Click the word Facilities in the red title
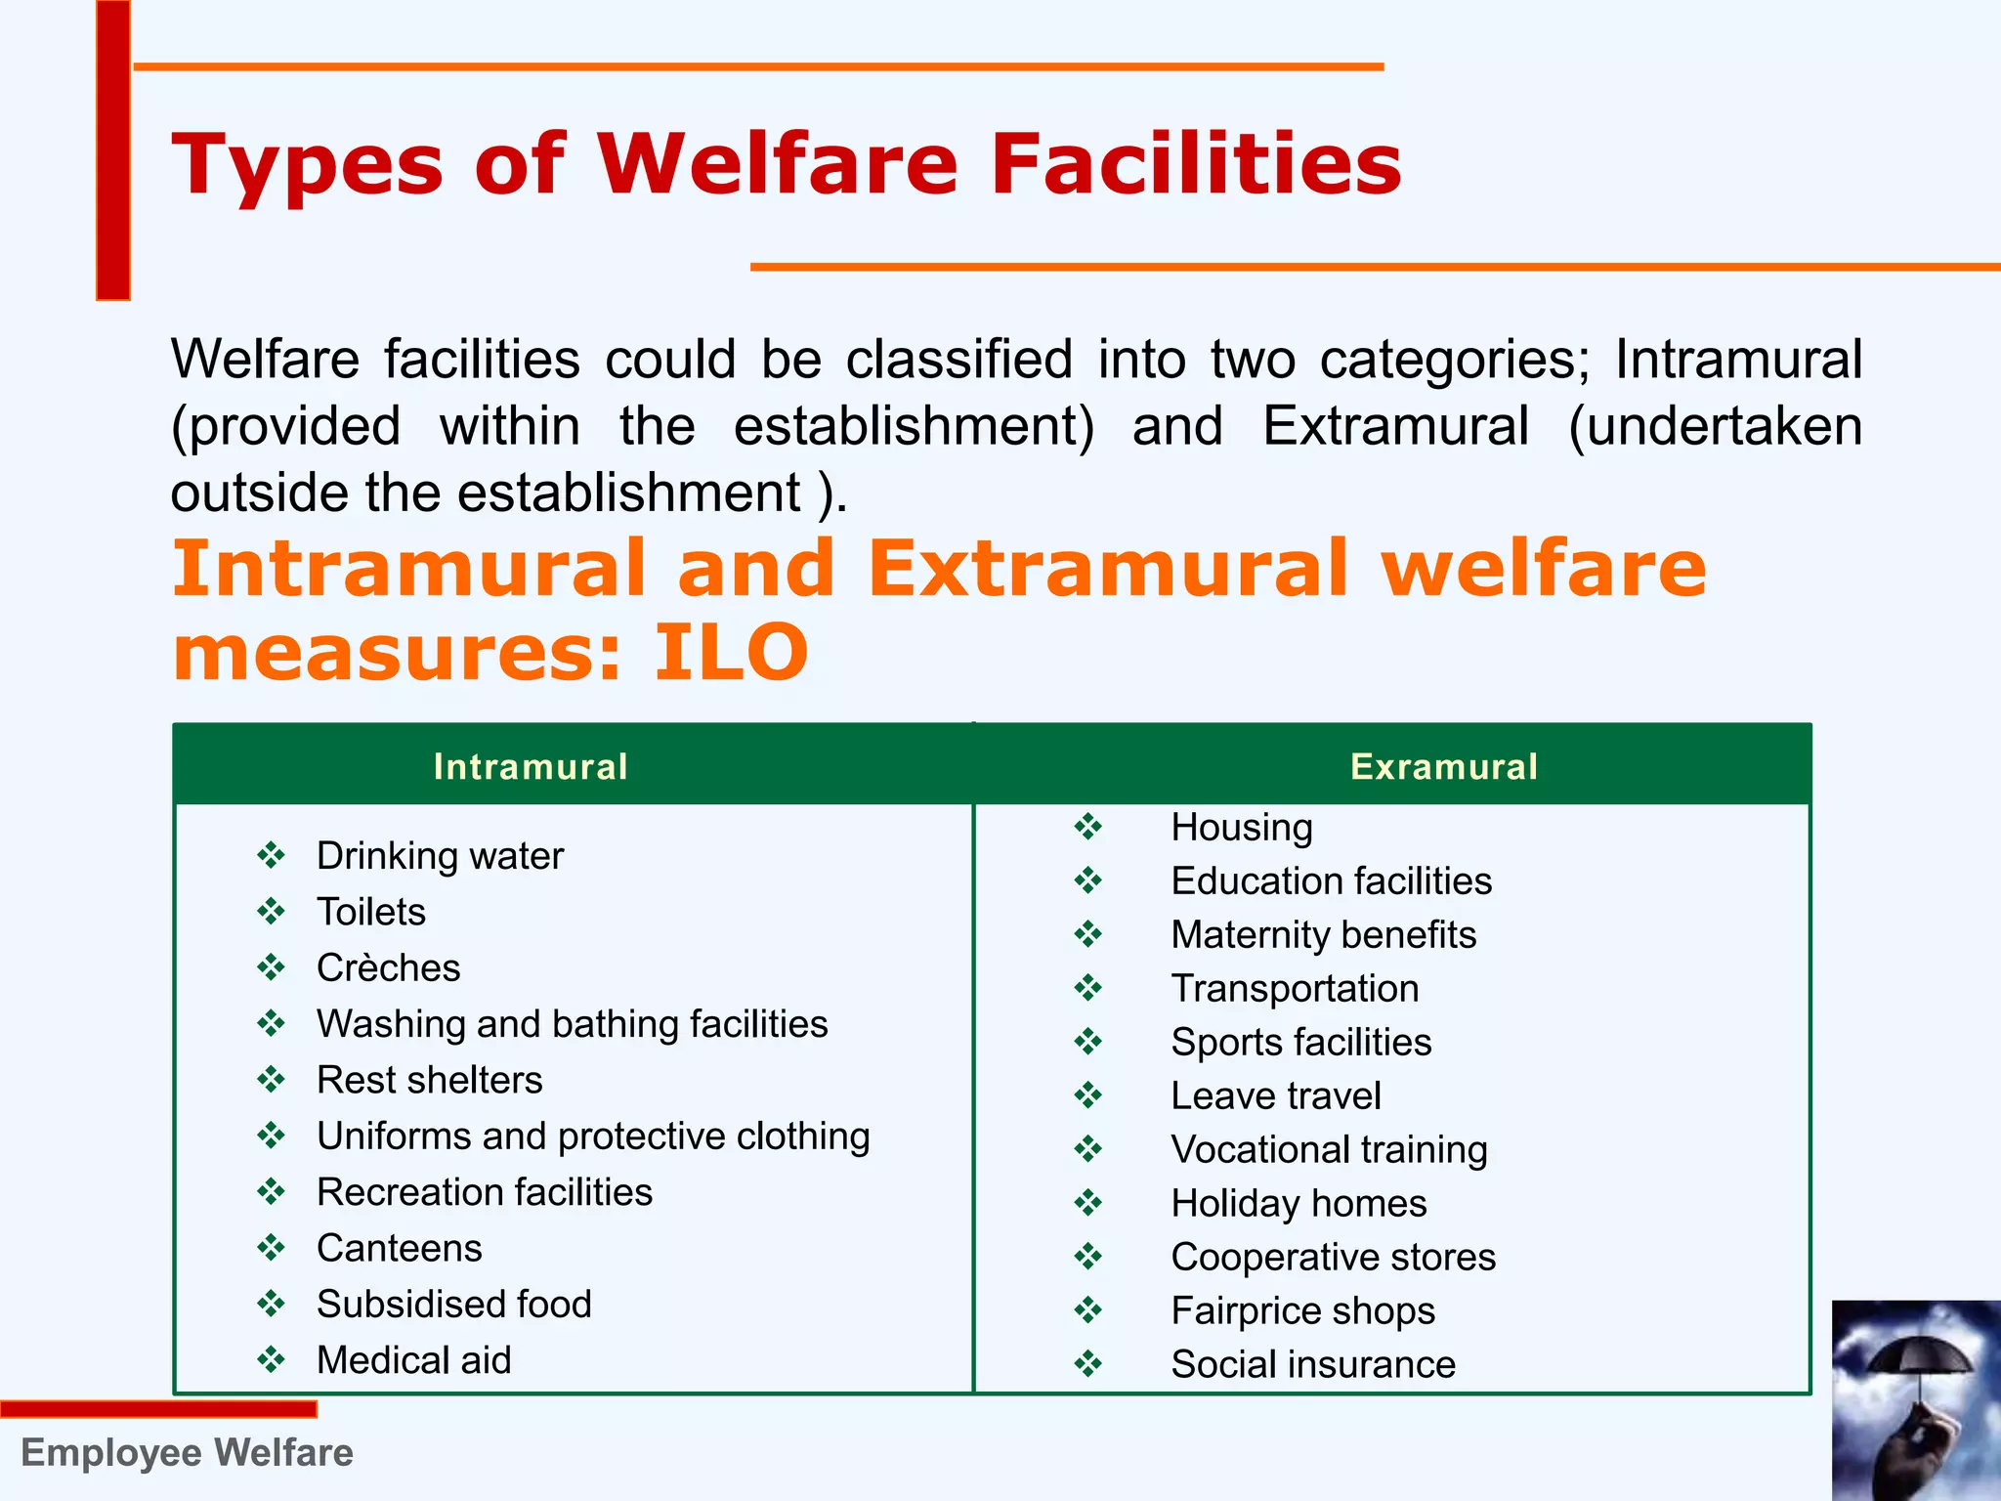pos(1196,163)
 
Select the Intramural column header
pos(531,767)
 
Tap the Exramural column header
pos(1443,767)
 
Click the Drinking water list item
pos(440,856)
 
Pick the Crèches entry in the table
pos(388,967)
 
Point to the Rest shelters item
pos(429,1080)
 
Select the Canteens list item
pos(399,1248)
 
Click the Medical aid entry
pos(413,1360)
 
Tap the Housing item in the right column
pos(1241,828)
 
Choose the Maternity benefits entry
pos(1323,935)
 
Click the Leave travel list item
pos(1275,1096)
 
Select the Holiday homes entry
pos(1299,1204)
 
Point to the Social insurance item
pos(1312,1364)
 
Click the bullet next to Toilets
pos(271,912)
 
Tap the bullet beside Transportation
pos(1087,989)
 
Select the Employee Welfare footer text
pos(187,1453)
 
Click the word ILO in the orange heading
pos(731,652)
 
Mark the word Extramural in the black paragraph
pos(1395,426)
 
